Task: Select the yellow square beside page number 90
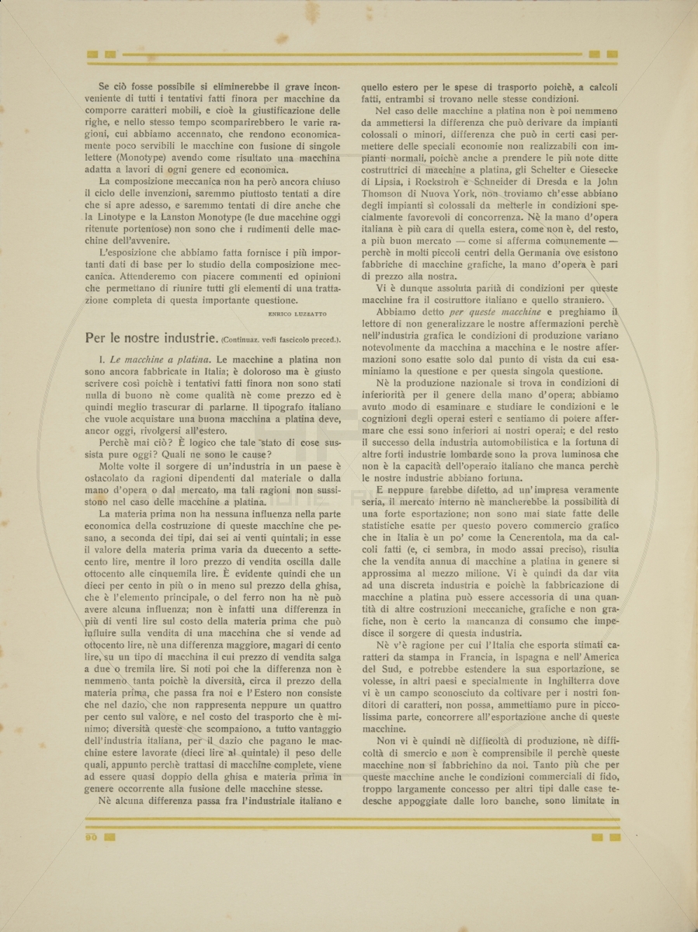(x=109, y=836)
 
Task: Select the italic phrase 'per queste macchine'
(x=505, y=311)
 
